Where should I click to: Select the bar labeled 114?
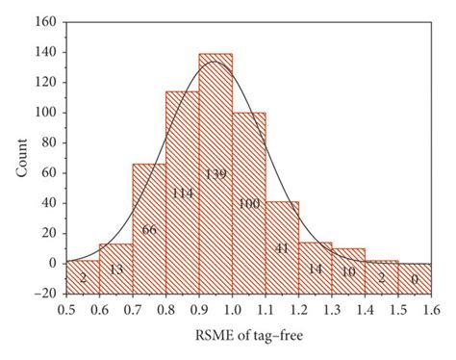pyautogui.click(x=182, y=193)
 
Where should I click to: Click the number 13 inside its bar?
pyautogui.click(x=116, y=269)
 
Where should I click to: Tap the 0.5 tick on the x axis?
pyautogui.click(x=66, y=310)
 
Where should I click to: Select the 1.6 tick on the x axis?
pyautogui.click(x=429, y=310)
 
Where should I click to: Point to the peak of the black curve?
pyautogui.click(x=214, y=62)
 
